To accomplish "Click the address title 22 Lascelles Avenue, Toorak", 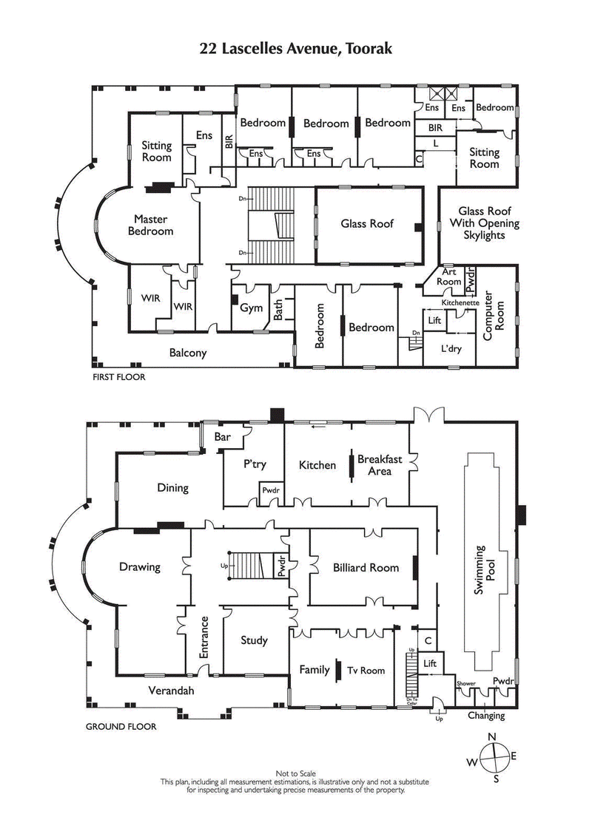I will pos(295,49).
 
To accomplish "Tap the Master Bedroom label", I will pos(150,225).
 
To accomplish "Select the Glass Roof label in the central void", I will pos(367,223).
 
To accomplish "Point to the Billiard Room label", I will pos(366,568).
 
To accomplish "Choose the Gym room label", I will pos(246,308).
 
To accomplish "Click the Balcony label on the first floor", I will pos(187,353).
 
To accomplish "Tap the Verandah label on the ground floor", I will pos(171,691).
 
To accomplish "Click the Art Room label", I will pos(448,277).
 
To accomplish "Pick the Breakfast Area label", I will pos(380,464).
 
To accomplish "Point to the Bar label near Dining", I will pos(222,437).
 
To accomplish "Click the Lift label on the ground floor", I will pos(430,664).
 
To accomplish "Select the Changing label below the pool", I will pos(486,715).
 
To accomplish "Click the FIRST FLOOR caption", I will pos(118,377).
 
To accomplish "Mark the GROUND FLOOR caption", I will pos(121,727).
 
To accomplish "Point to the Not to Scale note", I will pos(295,773).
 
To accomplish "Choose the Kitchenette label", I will pos(460,303).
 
